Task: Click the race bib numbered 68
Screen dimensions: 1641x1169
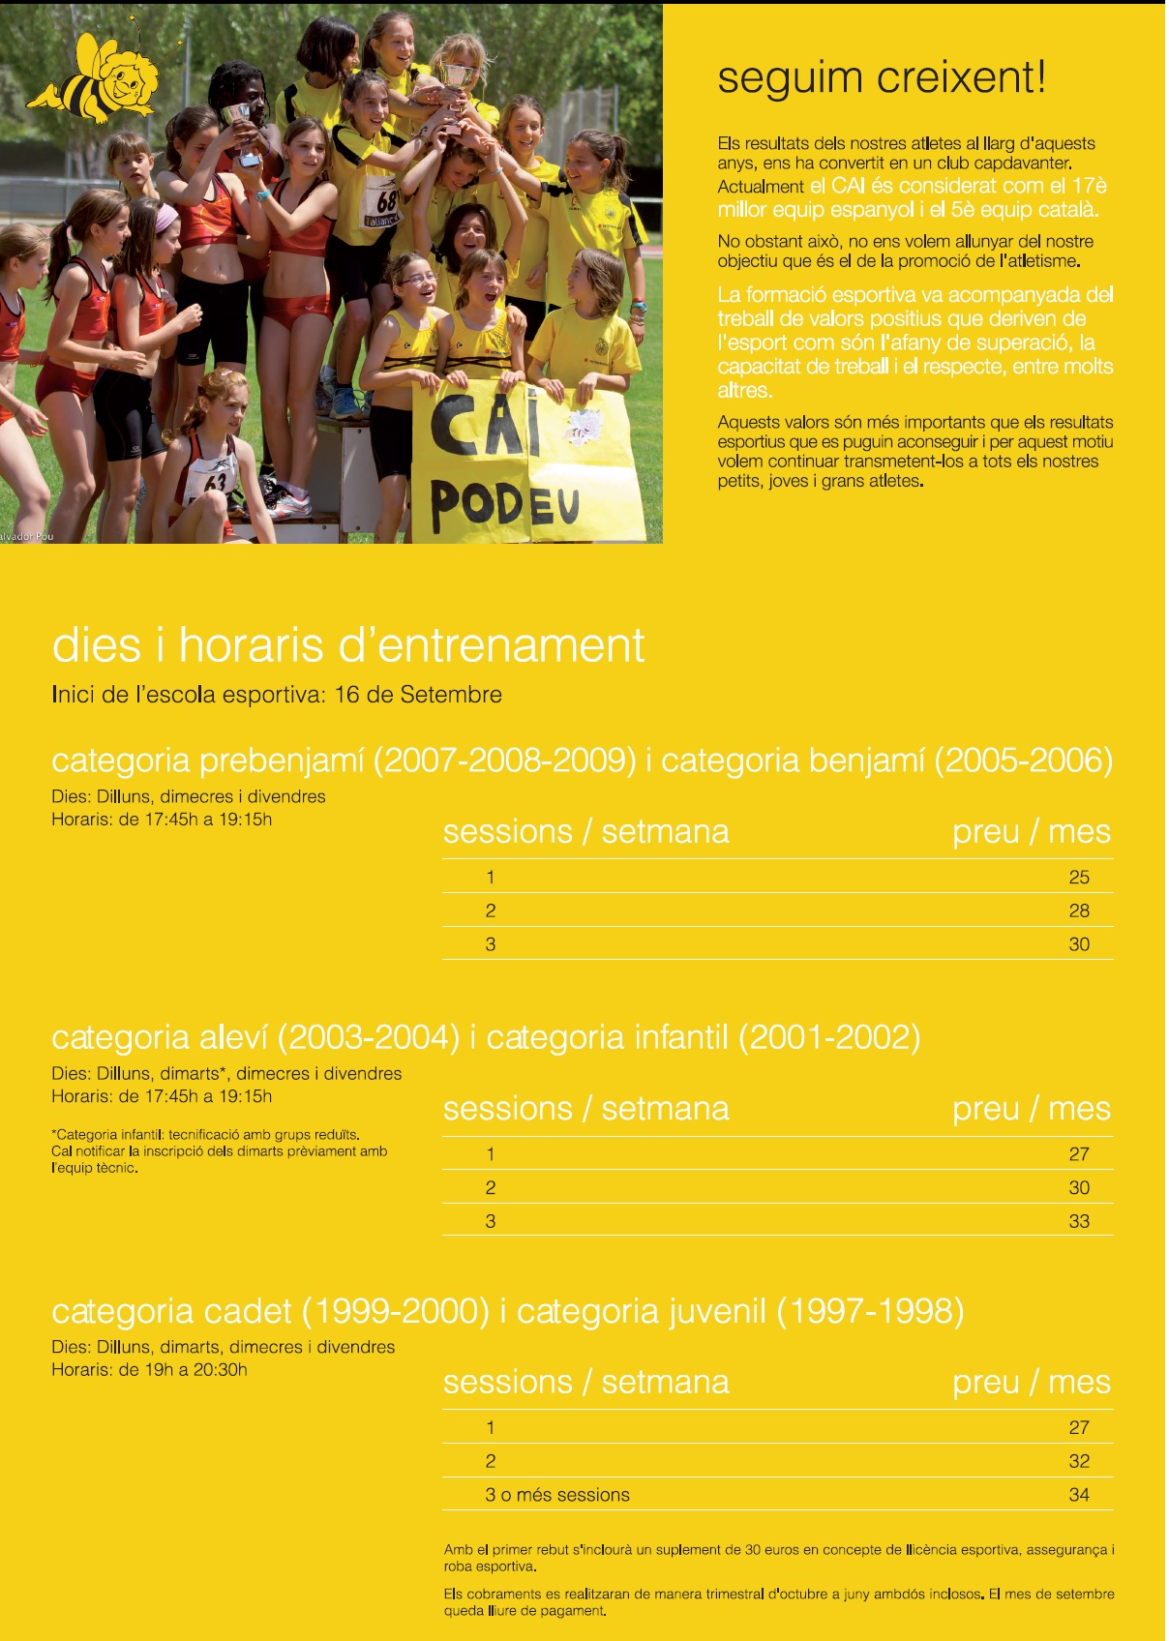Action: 385,204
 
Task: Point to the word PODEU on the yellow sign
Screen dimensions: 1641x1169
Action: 504,503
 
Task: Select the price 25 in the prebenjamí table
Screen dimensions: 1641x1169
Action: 1078,878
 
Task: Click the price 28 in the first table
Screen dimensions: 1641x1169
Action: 1078,910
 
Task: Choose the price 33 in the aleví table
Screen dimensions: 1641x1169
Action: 1078,1221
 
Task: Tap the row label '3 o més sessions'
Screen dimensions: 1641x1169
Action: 556,1495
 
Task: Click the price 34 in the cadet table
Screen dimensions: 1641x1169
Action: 1078,1495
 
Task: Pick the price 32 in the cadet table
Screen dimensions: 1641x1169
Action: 1078,1461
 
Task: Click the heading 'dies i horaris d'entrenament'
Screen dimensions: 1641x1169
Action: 347,645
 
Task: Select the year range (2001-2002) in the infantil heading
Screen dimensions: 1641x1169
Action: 828,1037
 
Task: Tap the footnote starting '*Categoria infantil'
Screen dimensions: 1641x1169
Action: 219,1150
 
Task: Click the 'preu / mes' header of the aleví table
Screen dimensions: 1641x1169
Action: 1031,1109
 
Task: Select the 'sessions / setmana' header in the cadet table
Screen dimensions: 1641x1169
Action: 585,1383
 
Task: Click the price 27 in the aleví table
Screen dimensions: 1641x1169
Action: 1078,1154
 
